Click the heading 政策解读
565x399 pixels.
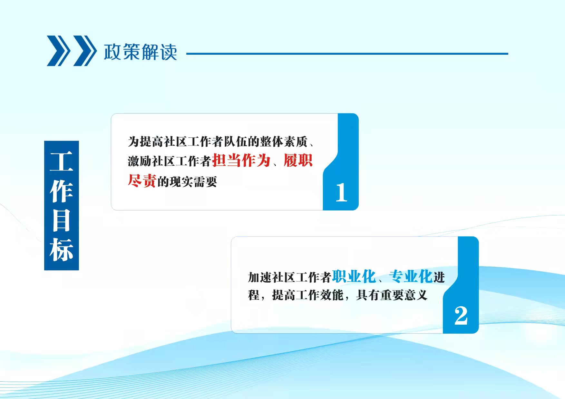[x=141, y=52]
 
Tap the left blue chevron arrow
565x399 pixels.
[x=59, y=51]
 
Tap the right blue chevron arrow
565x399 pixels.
[x=85, y=51]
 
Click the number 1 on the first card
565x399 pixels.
[x=341, y=192]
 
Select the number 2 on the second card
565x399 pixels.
[x=461, y=315]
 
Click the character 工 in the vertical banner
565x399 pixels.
[x=62, y=162]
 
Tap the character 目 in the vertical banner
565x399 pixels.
[x=62, y=220]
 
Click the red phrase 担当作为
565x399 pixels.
[x=241, y=160]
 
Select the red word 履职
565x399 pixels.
[x=298, y=160]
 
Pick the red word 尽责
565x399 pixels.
[x=142, y=181]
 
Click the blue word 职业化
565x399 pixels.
[x=354, y=276]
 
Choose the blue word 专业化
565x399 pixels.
[x=411, y=276]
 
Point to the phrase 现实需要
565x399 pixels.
[x=193, y=182]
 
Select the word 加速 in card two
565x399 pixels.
[x=260, y=277]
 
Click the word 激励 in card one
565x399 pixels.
[x=140, y=161]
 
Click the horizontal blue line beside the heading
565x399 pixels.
[x=347, y=54]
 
